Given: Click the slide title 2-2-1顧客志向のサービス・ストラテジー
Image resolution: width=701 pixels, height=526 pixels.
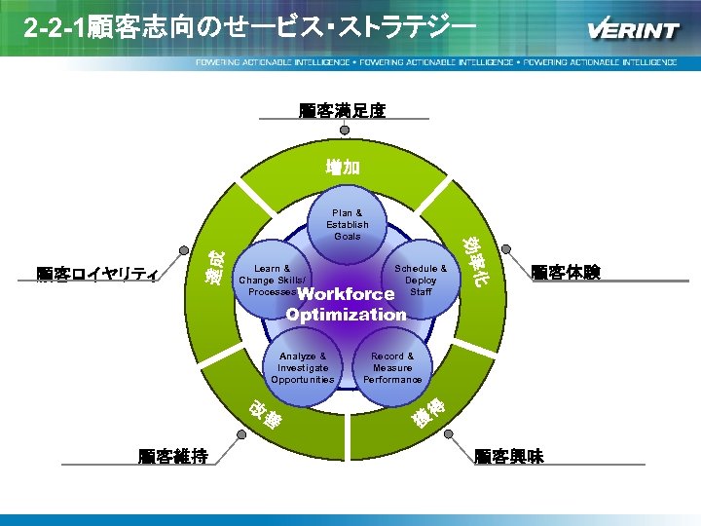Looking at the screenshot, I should [251, 27].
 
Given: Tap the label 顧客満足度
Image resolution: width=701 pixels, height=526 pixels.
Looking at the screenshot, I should [342, 110].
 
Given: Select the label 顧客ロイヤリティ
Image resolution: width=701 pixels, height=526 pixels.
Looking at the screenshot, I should [97, 275].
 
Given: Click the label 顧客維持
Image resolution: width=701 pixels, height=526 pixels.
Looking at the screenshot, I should [172, 455].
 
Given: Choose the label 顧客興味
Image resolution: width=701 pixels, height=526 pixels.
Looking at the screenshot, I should [508, 455].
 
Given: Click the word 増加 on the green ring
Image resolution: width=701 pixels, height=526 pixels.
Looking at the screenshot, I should [344, 167].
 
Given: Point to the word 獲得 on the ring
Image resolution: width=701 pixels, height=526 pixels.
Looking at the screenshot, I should [428, 413].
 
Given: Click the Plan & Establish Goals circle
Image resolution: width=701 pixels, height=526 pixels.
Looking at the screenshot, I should [348, 224].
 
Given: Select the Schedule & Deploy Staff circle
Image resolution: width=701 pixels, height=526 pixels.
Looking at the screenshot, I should [421, 281].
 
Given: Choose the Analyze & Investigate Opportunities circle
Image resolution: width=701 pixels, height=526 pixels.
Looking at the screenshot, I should [302, 367].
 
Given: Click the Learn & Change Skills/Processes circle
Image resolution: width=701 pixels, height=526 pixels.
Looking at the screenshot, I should [270, 281].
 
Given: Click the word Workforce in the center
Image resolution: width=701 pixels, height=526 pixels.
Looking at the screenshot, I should [346, 294].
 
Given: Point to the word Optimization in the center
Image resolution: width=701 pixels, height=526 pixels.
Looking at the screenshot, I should [346, 314].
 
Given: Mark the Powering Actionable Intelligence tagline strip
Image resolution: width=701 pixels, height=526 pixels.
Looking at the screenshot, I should [435, 61].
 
